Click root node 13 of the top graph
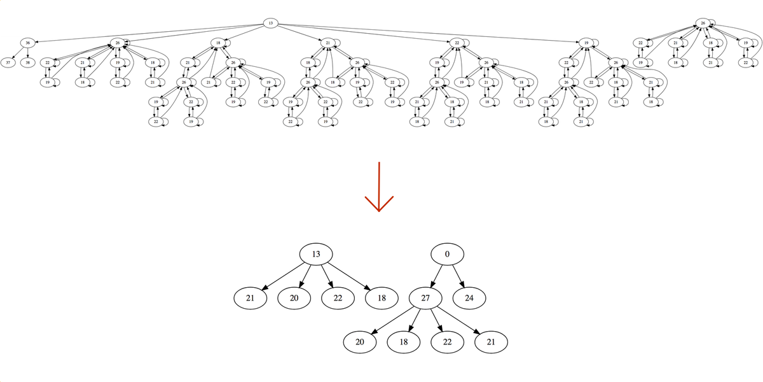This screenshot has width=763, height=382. point(270,23)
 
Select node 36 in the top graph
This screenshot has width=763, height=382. point(27,43)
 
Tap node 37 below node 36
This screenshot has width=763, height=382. point(7,62)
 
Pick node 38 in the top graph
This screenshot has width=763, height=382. point(27,62)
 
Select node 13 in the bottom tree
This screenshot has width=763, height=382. point(317,254)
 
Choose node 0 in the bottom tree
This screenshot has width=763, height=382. point(447,254)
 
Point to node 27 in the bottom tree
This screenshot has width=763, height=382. point(426,297)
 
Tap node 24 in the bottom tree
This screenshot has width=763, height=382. point(469,297)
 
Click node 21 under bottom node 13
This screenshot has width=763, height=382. point(251,297)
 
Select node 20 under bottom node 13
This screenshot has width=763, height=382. point(295,297)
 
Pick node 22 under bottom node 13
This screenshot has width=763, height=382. point(338,297)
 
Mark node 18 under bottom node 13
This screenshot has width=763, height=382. point(382,297)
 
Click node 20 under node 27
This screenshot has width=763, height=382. point(361,341)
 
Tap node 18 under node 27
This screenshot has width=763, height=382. point(404,341)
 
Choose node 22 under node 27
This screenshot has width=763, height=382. point(448,341)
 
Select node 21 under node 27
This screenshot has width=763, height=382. point(491,341)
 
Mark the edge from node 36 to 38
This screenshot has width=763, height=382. point(27,53)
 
